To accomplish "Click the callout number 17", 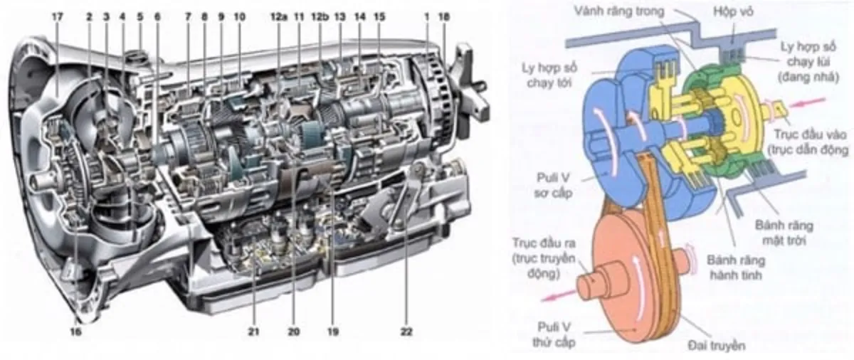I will pyautogui.click(x=57, y=15).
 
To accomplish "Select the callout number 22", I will pyautogui.click(x=406, y=331).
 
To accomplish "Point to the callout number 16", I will pyautogui.click(x=76, y=331).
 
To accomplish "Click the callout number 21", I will pyautogui.click(x=254, y=331).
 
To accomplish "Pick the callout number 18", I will pyautogui.click(x=445, y=15).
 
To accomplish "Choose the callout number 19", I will pyautogui.click(x=332, y=331).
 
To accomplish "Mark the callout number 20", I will pyautogui.click(x=294, y=331).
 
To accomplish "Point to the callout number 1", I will pyautogui.click(x=427, y=15).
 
